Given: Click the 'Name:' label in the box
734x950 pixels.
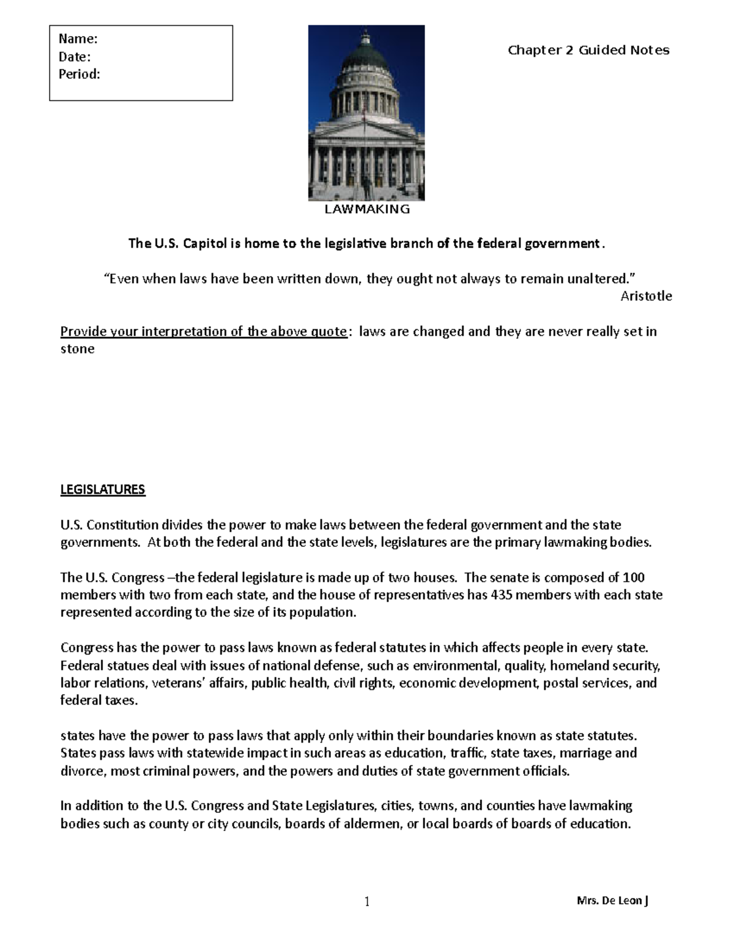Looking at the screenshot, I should click(x=78, y=39).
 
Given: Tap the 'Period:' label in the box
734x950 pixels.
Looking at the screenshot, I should click(x=79, y=75).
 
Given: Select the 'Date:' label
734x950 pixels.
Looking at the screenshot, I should click(x=75, y=57).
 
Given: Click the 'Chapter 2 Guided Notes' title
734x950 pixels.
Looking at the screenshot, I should click(x=588, y=50).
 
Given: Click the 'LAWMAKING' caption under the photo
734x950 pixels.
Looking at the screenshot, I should click(x=367, y=209).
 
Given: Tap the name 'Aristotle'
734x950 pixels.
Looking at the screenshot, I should click(x=646, y=296).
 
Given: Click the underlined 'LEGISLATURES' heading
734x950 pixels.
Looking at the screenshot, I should click(x=102, y=489).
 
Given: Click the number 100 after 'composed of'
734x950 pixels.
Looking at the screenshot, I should click(x=634, y=577).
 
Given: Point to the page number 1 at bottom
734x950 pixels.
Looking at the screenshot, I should click(x=367, y=901).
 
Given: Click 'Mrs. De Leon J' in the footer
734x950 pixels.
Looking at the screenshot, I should click(x=612, y=900).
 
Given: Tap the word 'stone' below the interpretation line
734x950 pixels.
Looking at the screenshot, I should click(x=77, y=349).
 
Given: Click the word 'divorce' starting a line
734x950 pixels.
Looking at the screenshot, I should click(x=83, y=771).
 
